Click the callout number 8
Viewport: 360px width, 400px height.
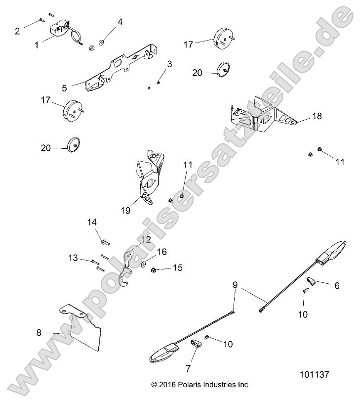[x=39, y=333]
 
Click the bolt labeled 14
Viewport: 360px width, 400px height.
[x=105, y=242]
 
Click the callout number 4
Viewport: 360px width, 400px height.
[x=120, y=21]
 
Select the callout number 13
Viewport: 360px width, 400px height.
[x=73, y=258]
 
